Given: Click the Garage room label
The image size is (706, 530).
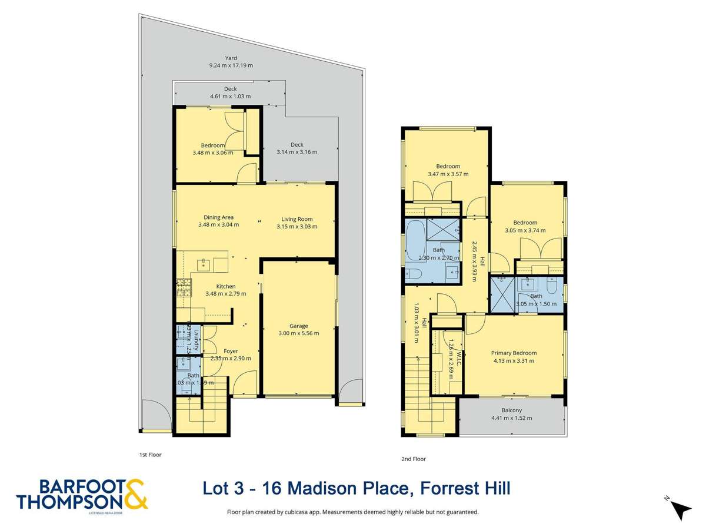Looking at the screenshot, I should pyautogui.click(x=299, y=326).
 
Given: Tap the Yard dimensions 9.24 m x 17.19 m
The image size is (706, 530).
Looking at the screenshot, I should pyautogui.click(x=231, y=65).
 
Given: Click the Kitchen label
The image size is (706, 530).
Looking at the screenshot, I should pyautogui.click(x=225, y=287).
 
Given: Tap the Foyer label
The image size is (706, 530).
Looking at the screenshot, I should pyautogui.click(x=230, y=351).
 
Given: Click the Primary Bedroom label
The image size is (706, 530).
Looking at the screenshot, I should pyautogui.click(x=514, y=353).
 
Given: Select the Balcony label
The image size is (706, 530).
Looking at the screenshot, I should pyautogui.click(x=511, y=410).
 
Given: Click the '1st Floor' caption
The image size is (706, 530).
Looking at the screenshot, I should pyautogui.click(x=150, y=455).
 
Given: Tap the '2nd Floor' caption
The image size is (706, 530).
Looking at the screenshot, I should pyautogui.click(x=414, y=459).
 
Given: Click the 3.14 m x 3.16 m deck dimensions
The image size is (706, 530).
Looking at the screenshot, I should pyautogui.click(x=297, y=151).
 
